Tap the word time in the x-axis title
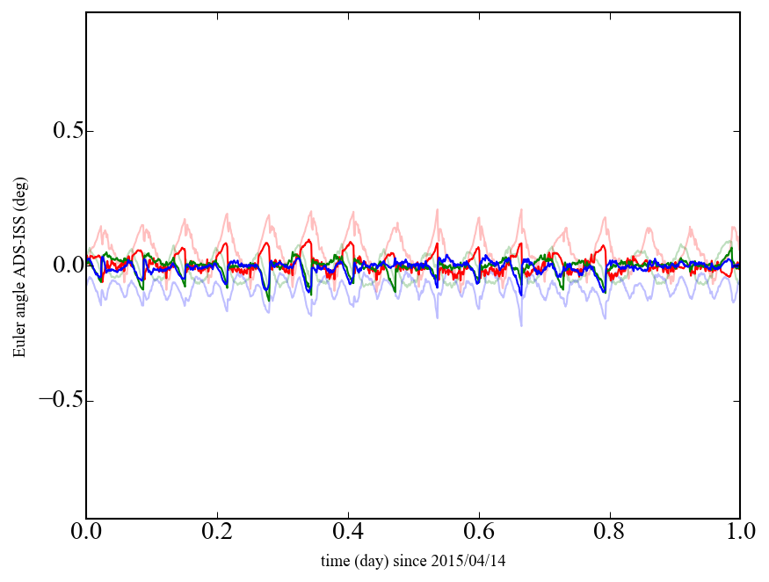click(335, 560)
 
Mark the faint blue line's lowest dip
click(521, 325)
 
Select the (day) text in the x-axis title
click(372, 560)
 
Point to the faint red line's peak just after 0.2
click(228, 213)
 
